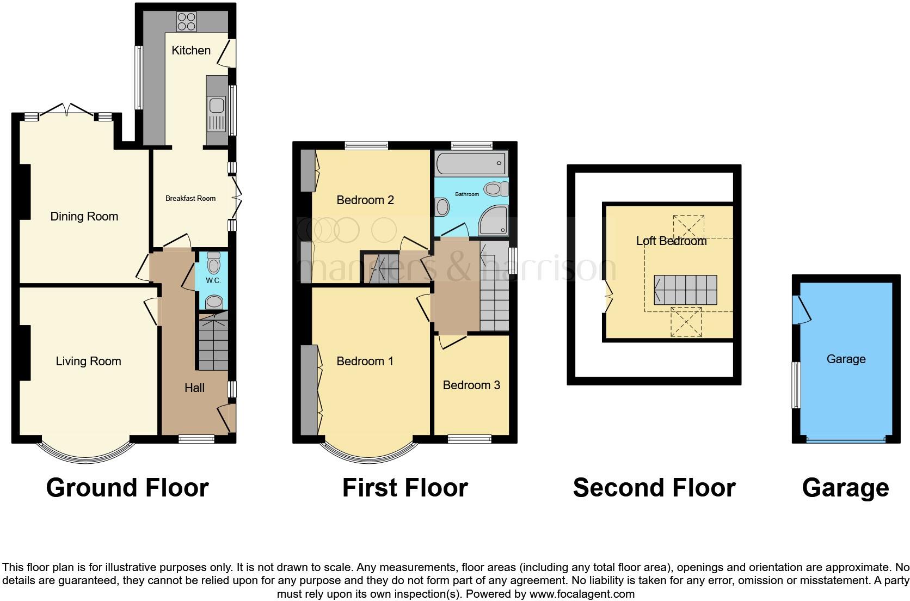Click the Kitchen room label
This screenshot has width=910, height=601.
pyautogui.click(x=191, y=51)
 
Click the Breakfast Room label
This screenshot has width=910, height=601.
pyautogui.click(x=190, y=199)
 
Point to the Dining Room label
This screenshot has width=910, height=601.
pyautogui.click(x=84, y=217)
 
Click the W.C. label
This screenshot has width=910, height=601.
pyautogui.click(x=213, y=281)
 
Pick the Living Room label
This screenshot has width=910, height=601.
pyautogui.click(x=88, y=361)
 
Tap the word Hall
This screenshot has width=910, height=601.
pyautogui.click(x=194, y=388)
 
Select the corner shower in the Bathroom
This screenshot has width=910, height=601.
pyautogui.click(x=493, y=221)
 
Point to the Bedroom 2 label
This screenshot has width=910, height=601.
pyautogui.click(x=365, y=200)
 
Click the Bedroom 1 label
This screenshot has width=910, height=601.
pyautogui.click(x=365, y=361)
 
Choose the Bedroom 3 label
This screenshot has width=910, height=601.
pyautogui.click(x=471, y=385)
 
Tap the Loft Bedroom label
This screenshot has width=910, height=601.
pyautogui.click(x=671, y=241)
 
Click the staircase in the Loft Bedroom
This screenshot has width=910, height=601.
pyautogui.click(x=685, y=290)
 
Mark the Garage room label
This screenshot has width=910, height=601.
pyautogui.click(x=846, y=359)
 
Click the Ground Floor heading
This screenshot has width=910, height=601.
pyautogui.click(x=127, y=488)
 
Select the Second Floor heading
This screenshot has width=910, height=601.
pyautogui.click(x=654, y=488)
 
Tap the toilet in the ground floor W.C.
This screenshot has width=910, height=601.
pyautogui.click(x=213, y=265)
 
